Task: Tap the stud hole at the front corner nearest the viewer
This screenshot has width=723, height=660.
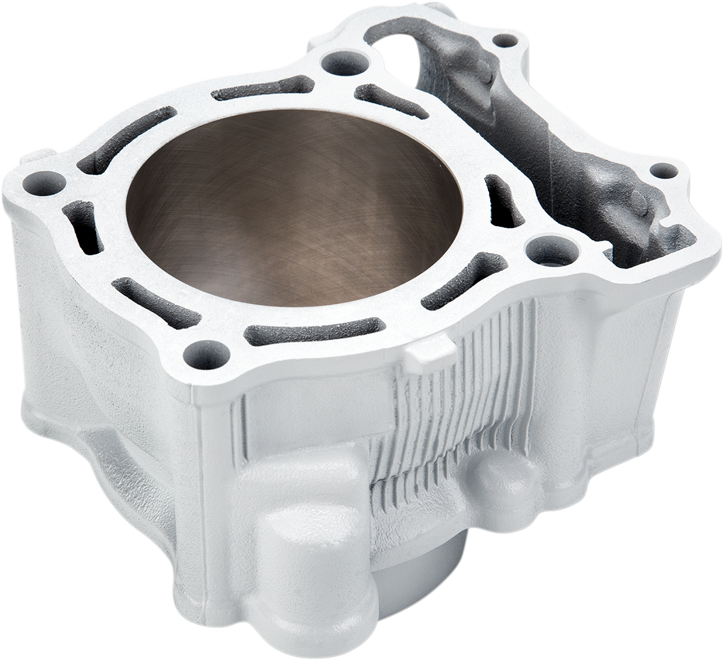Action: tap(206, 354)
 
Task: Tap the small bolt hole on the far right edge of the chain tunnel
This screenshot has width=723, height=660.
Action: tap(663, 170)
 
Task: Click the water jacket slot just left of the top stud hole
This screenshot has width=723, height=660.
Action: tap(262, 89)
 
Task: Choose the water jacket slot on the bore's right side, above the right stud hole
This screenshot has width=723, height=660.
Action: tap(503, 201)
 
